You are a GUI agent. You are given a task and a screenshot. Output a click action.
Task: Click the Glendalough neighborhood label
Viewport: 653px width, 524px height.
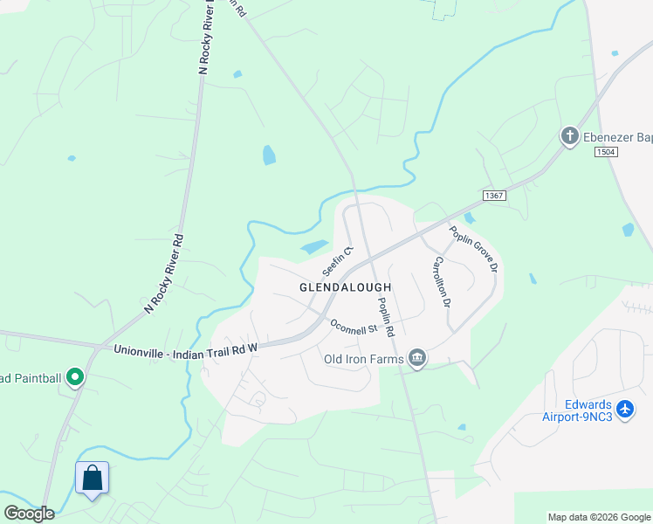[x=345, y=286]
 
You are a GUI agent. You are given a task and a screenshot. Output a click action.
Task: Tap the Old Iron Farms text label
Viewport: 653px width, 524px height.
[x=361, y=359]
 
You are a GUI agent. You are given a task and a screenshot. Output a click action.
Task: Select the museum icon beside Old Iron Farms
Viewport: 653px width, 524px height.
[x=417, y=358]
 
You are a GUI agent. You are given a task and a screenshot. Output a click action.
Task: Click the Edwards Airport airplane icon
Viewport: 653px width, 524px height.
[x=624, y=408]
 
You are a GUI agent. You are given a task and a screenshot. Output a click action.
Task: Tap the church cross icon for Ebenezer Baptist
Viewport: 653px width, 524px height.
[x=569, y=136]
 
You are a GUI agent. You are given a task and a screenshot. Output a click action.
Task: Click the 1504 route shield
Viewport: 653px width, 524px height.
[x=607, y=152]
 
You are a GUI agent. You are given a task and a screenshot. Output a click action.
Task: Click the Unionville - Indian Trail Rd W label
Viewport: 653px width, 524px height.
[x=186, y=348]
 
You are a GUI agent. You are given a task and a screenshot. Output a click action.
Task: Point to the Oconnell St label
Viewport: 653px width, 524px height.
[x=353, y=327]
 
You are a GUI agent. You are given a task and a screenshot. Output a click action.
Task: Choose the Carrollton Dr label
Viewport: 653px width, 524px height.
[x=442, y=282]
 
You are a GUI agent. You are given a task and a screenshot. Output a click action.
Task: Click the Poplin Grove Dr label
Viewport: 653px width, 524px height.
[x=474, y=248]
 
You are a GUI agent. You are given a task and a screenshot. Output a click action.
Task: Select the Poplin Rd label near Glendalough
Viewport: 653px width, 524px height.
[x=386, y=317]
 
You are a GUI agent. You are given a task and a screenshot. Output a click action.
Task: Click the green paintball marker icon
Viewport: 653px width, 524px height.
[x=75, y=378]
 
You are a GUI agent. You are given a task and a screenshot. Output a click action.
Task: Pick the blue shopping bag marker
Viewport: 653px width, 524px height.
[x=92, y=479]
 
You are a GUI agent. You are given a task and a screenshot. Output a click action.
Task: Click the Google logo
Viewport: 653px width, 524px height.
[x=29, y=514]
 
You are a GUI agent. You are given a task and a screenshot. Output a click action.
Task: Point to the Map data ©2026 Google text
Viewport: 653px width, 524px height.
[x=599, y=517]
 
